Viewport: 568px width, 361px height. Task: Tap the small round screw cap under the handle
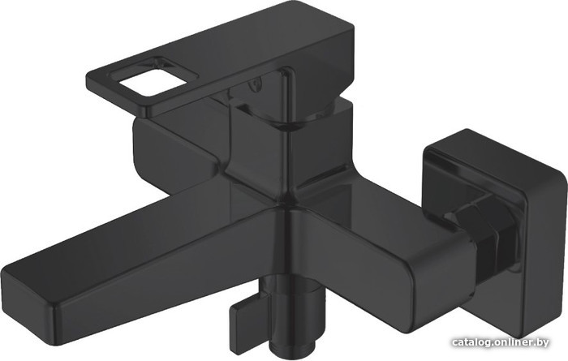[x=256, y=85]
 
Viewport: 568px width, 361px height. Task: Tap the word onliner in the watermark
[x=511, y=342]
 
